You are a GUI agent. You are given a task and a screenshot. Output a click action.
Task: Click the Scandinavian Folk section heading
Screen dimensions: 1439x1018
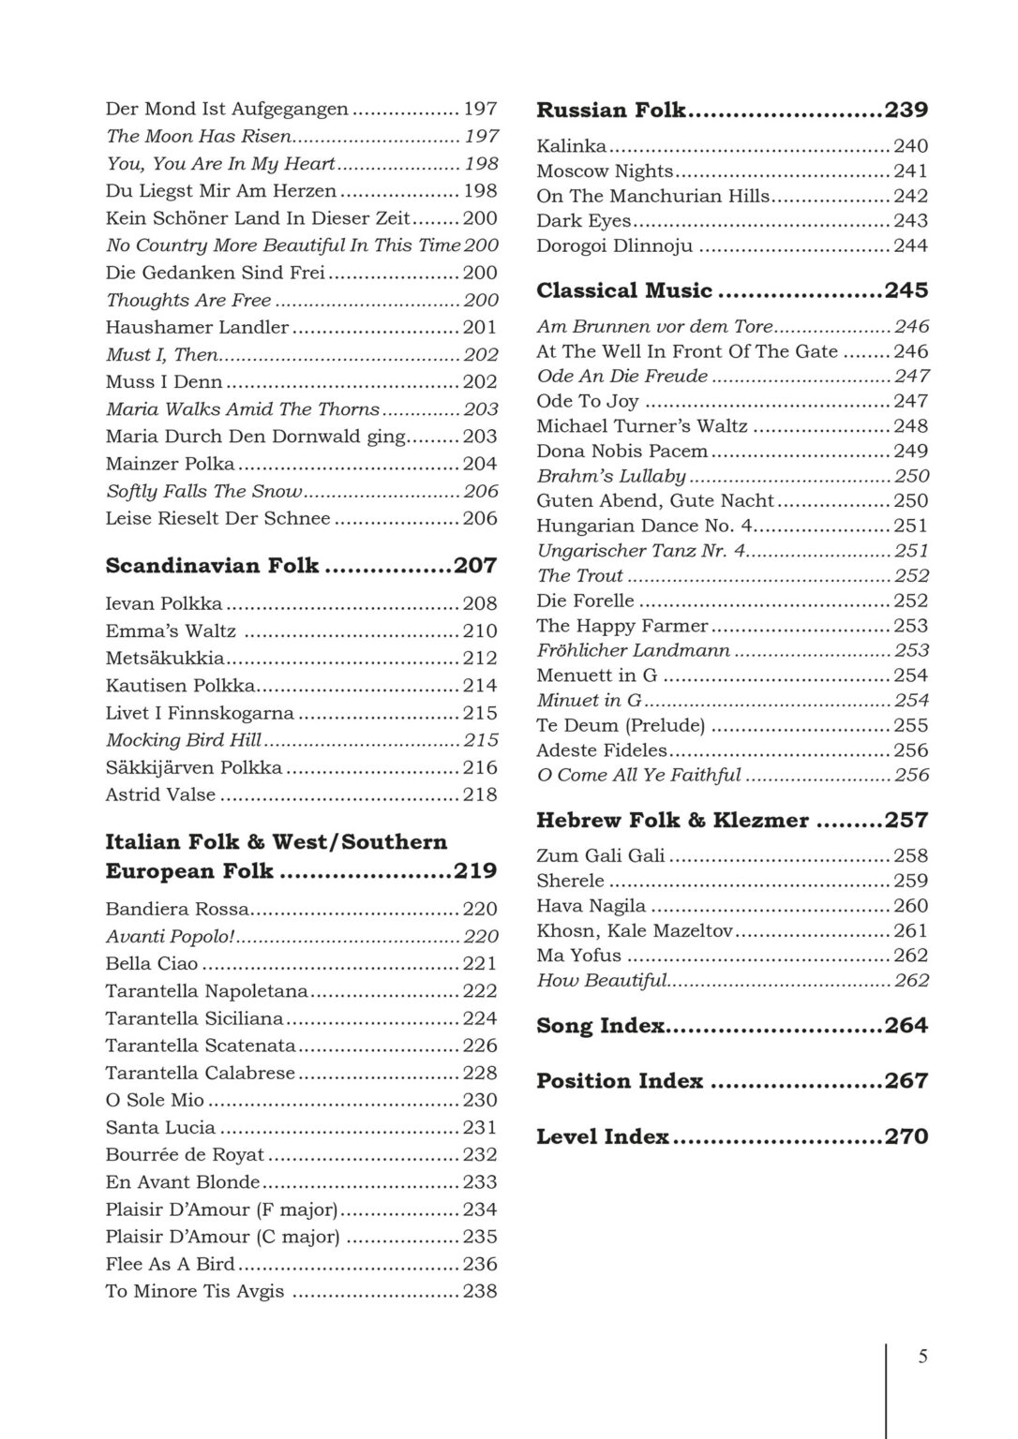tap(212, 566)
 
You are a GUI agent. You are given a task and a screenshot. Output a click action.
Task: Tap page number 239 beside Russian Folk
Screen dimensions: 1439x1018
tap(906, 111)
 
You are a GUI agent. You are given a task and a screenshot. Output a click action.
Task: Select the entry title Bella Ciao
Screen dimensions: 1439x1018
tap(152, 964)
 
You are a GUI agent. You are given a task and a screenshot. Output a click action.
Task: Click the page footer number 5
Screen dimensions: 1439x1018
tap(922, 1357)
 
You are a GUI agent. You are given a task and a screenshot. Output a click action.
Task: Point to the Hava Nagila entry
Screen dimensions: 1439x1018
tap(591, 906)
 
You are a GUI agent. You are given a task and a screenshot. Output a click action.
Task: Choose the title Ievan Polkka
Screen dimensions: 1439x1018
tap(164, 604)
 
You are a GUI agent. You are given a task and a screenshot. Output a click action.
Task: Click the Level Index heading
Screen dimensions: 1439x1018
tap(602, 1137)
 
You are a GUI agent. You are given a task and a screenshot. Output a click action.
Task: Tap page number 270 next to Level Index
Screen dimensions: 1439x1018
tap(906, 1137)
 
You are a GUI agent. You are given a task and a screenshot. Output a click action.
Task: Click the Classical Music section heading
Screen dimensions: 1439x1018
tap(624, 291)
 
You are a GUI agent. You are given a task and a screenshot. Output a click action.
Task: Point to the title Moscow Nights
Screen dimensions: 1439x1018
tap(605, 171)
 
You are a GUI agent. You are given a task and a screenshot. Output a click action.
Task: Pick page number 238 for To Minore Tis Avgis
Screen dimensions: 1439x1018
tap(480, 1292)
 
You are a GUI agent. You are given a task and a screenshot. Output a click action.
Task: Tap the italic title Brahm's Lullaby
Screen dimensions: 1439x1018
tap(611, 476)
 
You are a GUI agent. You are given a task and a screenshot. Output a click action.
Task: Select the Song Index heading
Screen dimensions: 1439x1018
tap(600, 1027)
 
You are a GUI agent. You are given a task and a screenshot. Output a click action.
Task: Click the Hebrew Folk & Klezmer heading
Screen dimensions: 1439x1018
tap(672, 821)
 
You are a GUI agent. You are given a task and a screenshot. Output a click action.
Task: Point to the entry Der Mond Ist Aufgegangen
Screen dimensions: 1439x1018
tap(227, 110)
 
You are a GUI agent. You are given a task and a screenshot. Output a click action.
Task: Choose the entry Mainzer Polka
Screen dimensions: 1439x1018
tap(170, 465)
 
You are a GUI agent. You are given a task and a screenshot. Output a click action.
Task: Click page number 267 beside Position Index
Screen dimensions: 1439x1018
tap(906, 1082)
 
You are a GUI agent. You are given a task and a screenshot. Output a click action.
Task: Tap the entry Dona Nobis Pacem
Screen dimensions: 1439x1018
tap(622, 452)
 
